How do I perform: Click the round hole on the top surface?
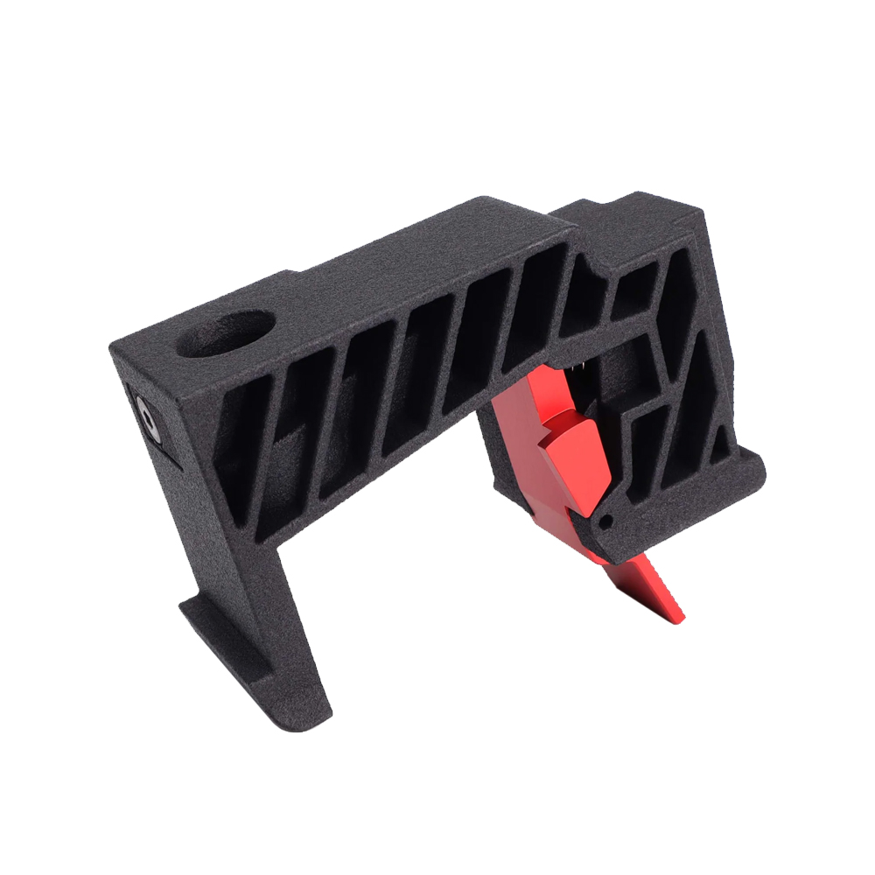tap(226, 334)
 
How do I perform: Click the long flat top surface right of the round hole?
tap(394, 262)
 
